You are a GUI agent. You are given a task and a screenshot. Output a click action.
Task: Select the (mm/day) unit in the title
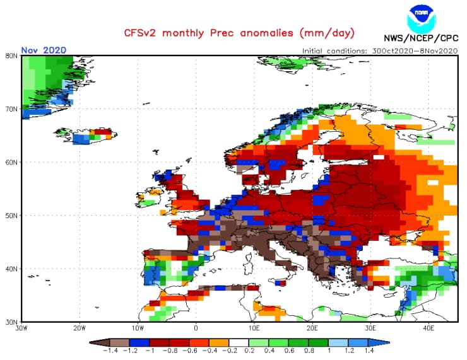pos(327,32)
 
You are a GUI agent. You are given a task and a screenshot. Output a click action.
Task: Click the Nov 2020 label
pos(44,50)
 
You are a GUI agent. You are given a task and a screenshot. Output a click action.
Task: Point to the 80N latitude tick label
pos(11,55)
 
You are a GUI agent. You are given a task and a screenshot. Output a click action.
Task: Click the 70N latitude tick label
pos(11,108)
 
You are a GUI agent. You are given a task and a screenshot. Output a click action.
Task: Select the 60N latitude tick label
pos(11,161)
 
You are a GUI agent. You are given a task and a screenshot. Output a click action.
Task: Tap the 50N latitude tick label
pos(11,215)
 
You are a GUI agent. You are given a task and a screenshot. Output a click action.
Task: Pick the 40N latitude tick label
pos(11,269)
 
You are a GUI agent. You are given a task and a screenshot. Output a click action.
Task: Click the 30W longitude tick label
pos(21,328)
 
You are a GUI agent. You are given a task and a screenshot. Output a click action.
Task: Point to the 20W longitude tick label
pos(80,328)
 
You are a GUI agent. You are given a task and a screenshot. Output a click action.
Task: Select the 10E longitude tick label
pos(254,328)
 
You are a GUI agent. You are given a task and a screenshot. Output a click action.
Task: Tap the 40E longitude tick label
pos(428,328)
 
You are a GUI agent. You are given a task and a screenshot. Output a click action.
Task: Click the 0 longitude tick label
pos(196,328)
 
